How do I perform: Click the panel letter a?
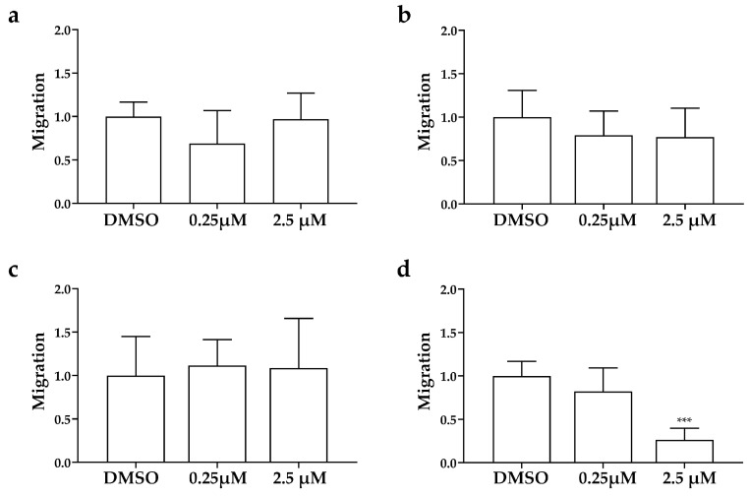click(x=15, y=17)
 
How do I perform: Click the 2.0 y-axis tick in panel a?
click(x=63, y=31)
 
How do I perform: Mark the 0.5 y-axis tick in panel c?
click(x=63, y=419)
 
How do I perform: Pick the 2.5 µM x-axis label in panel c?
click(x=299, y=480)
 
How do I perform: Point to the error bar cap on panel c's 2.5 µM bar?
click(x=299, y=318)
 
